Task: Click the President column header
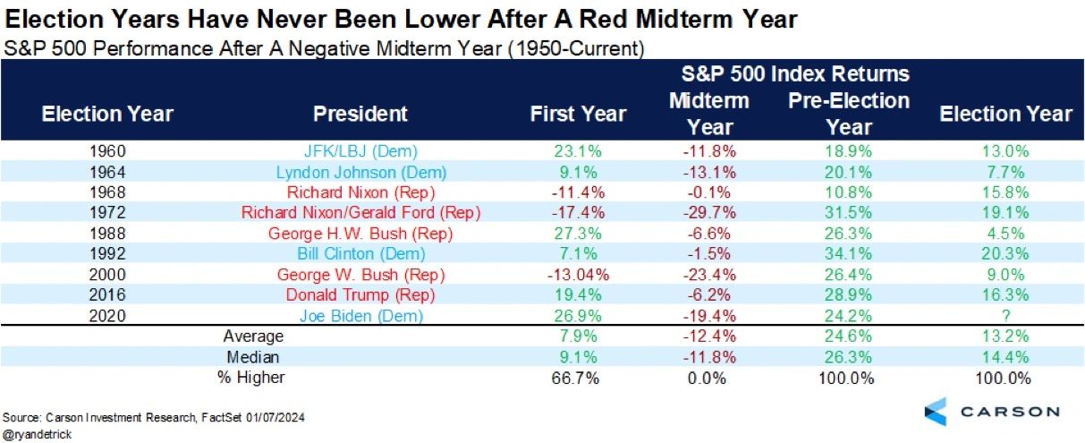click(360, 114)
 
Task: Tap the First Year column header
click(578, 114)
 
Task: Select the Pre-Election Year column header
click(849, 114)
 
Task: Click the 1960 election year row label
click(107, 151)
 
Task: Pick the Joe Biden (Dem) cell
click(361, 316)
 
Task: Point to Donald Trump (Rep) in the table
click(360, 294)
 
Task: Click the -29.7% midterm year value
click(709, 212)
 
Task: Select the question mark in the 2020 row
click(1005, 316)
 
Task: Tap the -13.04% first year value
click(578, 275)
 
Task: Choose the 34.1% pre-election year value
click(848, 253)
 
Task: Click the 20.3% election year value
click(1005, 253)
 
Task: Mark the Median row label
click(253, 357)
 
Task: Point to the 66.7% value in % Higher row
click(575, 378)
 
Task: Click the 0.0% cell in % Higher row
click(707, 378)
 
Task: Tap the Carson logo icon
click(936, 412)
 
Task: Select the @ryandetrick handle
click(37, 434)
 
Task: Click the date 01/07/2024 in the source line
click(275, 417)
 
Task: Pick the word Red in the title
click(604, 20)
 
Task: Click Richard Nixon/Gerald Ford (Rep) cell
click(360, 212)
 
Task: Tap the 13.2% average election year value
click(1005, 336)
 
